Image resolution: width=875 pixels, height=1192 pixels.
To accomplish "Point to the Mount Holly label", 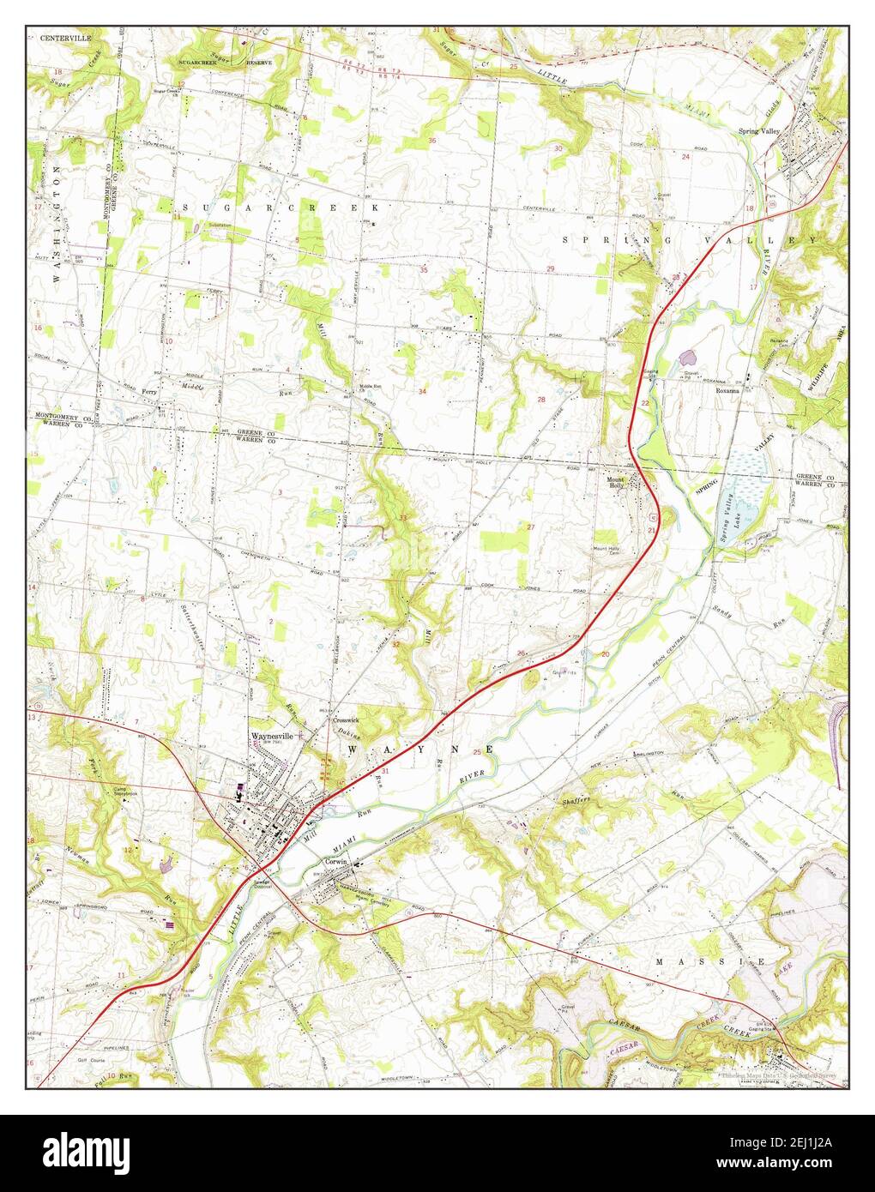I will coord(619,482).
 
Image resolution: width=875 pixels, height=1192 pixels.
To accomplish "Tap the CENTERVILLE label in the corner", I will coord(59,38).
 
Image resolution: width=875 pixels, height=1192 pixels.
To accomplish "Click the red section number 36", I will coord(432,140).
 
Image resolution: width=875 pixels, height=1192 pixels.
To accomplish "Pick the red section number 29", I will coord(551,269).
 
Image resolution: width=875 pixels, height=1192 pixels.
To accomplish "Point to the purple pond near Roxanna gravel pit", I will coord(686,353).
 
